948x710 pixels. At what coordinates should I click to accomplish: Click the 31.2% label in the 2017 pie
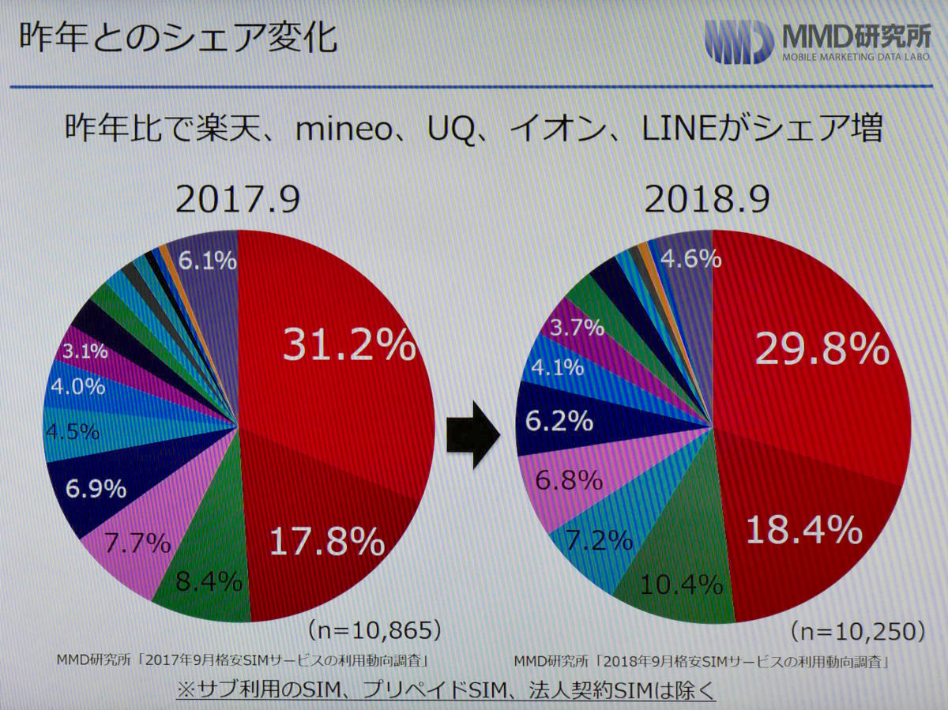point(348,347)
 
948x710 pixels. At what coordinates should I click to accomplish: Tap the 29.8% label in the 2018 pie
point(822,348)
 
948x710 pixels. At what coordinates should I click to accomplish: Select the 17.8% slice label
point(327,542)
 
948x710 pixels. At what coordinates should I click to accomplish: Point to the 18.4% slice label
point(804,530)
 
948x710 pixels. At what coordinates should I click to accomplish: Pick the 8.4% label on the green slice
point(209,582)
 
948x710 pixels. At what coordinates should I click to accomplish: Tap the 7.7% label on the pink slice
point(139,543)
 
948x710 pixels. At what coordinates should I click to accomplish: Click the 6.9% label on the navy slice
point(96,489)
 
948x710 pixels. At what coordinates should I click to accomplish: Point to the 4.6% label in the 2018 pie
point(690,258)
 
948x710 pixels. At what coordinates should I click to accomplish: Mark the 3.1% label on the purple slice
point(85,351)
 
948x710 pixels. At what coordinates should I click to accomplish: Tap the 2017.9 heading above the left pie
point(237,201)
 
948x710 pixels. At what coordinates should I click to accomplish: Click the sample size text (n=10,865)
point(374,629)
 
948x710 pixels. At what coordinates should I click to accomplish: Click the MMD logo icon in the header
point(739,41)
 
